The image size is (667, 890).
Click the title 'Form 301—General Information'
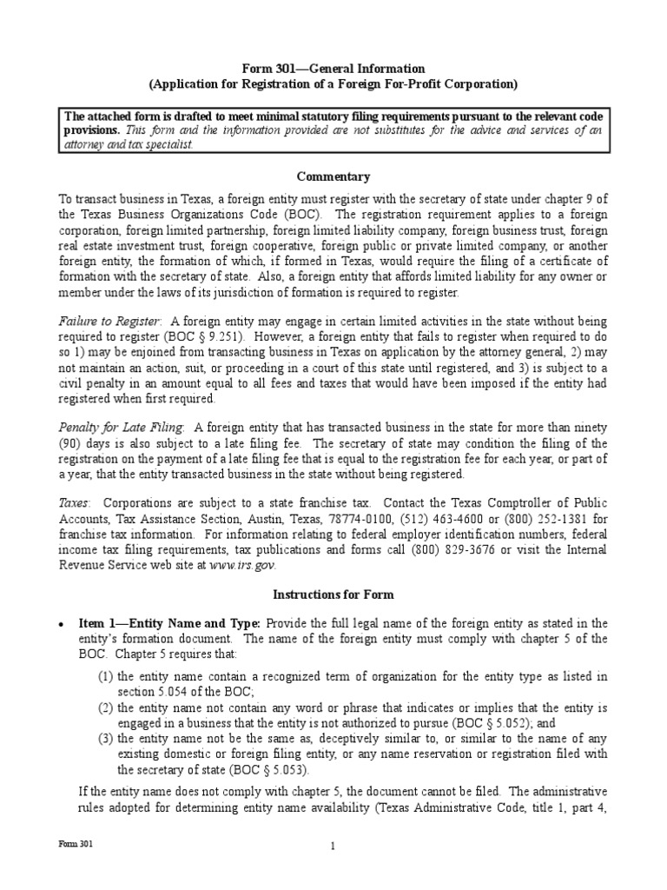pyautogui.click(x=333, y=69)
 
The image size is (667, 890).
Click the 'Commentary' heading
pyautogui.click(x=333, y=176)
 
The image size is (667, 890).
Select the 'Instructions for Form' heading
pyautogui.click(x=333, y=595)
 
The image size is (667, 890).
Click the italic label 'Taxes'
pyautogui.click(x=74, y=503)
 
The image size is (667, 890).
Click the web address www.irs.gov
pyautogui.click(x=251, y=564)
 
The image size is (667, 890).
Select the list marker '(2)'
pyautogui.click(x=104, y=707)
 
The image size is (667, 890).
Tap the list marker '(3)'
pyautogui.click(x=104, y=738)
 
